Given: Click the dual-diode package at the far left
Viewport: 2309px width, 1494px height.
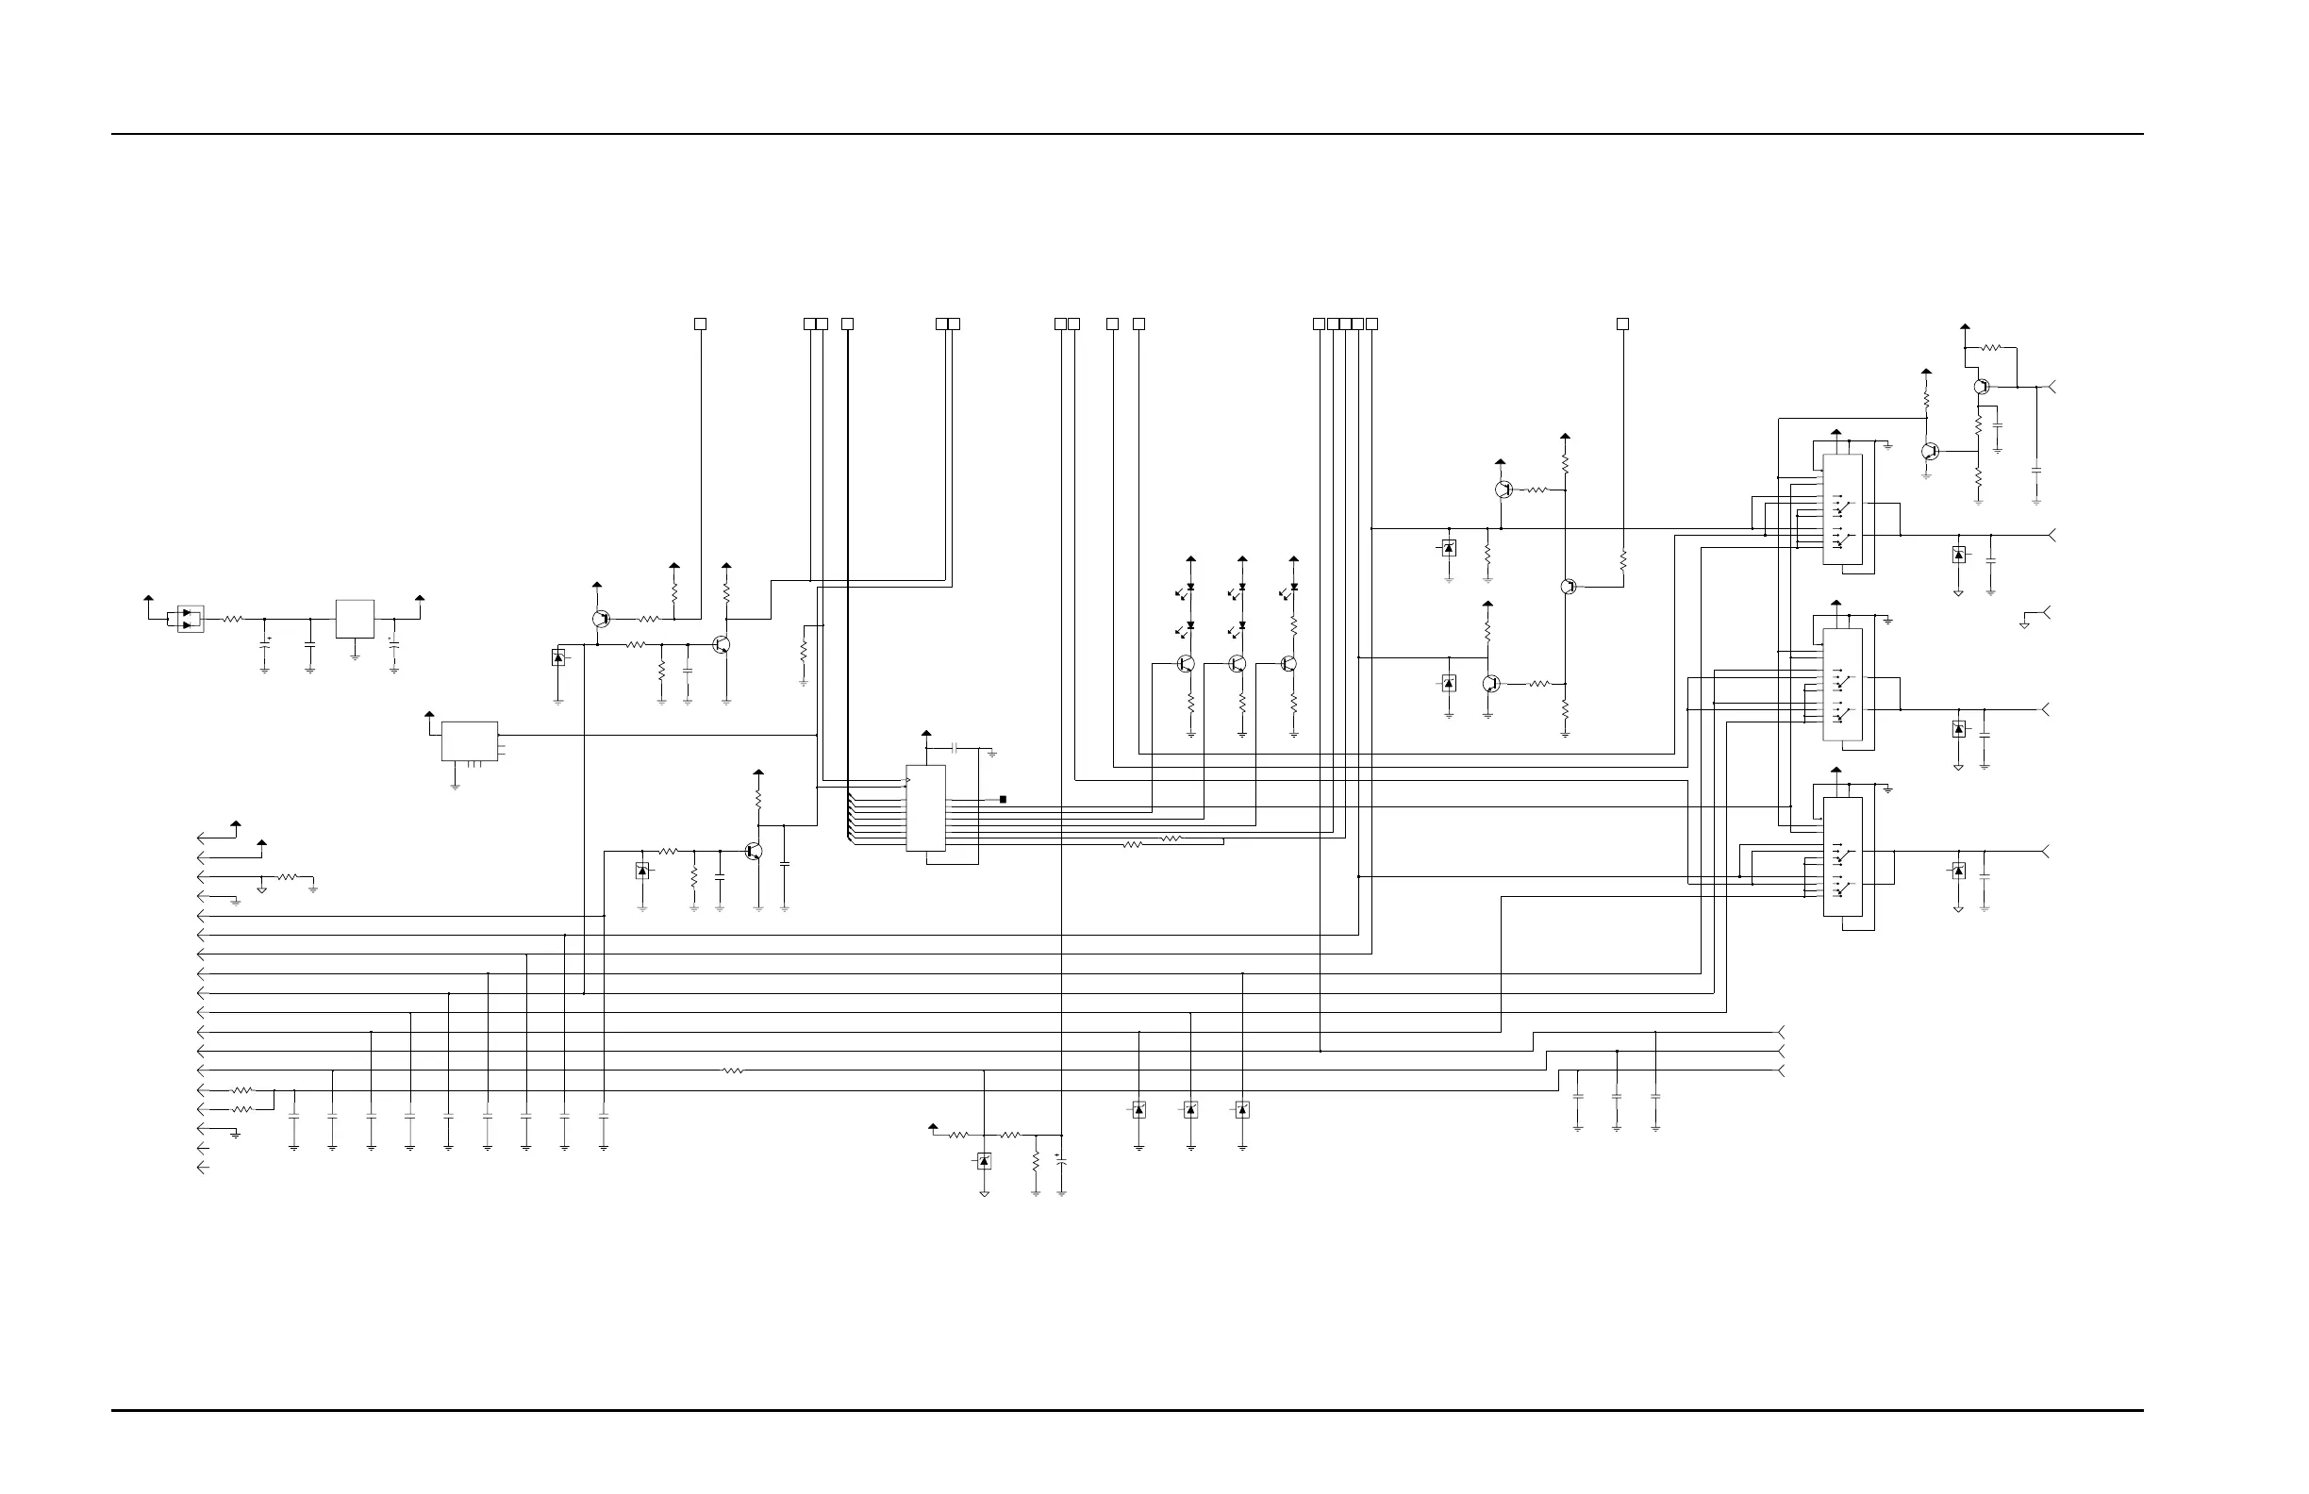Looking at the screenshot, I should (191, 619).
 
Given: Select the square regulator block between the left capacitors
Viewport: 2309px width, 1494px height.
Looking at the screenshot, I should (354, 619).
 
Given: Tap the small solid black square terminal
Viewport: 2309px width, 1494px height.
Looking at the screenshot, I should (1004, 800).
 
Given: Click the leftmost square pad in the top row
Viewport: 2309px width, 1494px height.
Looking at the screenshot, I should (701, 324).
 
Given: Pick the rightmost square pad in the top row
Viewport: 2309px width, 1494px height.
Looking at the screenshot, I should (1622, 324).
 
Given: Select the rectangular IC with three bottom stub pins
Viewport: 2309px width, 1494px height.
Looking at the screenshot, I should (470, 741).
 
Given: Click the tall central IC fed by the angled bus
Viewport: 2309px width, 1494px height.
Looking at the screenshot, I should (925, 808).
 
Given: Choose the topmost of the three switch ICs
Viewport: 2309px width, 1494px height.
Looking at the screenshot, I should (1841, 509).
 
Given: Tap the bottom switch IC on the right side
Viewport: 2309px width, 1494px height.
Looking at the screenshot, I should (1841, 856).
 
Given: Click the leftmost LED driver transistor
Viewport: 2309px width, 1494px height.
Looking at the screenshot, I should (1185, 664).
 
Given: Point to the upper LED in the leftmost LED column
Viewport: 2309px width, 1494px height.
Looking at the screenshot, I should (1189, 588).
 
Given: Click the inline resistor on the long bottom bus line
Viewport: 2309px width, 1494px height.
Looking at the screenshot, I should (734, 1071).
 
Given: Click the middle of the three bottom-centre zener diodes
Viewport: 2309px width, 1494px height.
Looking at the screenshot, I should (1190, 1110).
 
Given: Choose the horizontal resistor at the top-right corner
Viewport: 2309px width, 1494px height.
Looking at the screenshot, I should (1991, 347).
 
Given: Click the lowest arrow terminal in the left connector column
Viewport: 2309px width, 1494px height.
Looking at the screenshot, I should (202, 1168).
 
